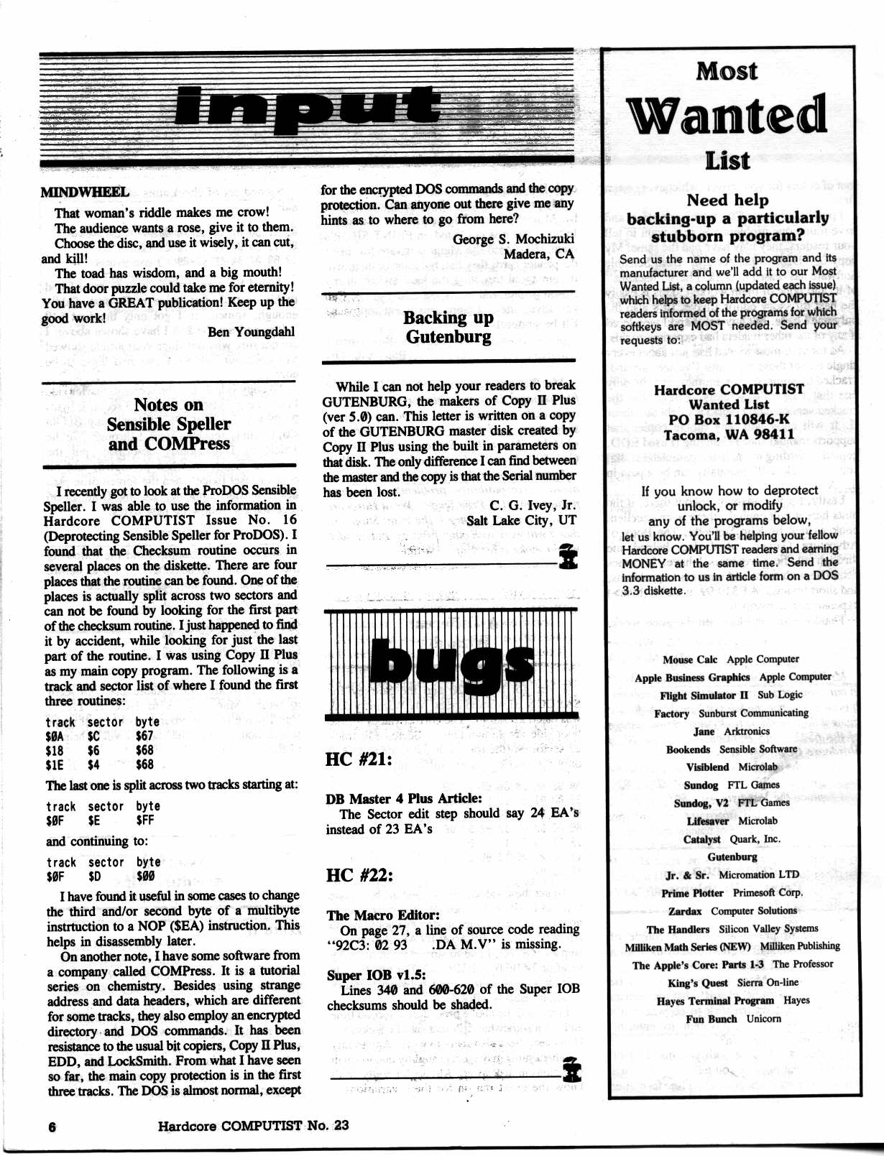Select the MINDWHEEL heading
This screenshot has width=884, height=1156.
(85, 192)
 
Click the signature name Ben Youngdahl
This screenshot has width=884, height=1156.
(251, 332)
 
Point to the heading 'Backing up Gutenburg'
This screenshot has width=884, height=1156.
(448, 327)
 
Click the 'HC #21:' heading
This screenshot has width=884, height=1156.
(359, 759)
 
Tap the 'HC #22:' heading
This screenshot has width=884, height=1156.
(359, 875)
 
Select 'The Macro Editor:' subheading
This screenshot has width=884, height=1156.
(382, 915)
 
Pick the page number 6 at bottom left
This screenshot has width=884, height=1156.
(52, 1126)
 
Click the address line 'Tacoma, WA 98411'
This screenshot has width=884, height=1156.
(729, 435)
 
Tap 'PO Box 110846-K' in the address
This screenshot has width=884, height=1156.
(729, 420)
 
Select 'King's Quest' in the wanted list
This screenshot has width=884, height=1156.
(697, 983)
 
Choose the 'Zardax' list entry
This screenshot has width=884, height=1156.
(685, 911)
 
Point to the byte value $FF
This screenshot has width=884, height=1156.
(144, 820)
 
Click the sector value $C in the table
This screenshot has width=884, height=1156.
(93, 736)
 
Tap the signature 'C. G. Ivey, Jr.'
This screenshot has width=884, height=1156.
(533, 505)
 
